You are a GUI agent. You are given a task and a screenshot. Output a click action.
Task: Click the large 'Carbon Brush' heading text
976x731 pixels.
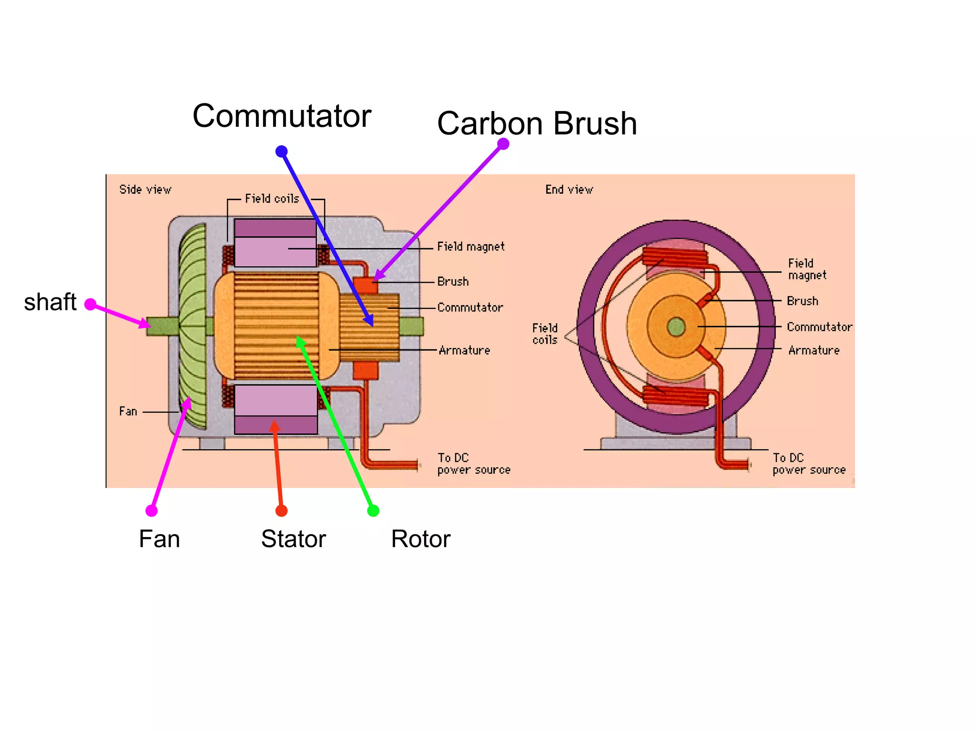pyautogui.click(x=537, y=123)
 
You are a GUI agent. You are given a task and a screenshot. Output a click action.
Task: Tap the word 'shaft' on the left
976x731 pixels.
pyautogui.click(x=50, y=302)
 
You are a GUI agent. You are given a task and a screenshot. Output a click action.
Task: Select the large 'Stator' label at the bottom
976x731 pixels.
pyautogui.click(x=293, y=539)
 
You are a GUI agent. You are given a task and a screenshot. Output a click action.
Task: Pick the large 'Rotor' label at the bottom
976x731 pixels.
pyautogui.click(x=420, y=539)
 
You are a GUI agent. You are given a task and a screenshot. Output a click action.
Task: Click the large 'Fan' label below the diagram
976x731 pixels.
pyautogui.click(x=159, y=539)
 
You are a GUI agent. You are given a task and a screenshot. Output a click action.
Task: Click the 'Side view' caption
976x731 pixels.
pyautogui.click(x=145, y=190)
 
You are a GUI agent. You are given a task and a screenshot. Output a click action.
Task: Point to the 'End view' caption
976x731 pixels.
pyautogui.click(x=569, y=190)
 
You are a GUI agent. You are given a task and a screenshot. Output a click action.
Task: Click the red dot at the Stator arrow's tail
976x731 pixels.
pyautogui.click(x=282, y=511)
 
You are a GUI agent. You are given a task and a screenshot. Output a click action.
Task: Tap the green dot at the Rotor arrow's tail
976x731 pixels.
pyautogui.click(x=373, y=511)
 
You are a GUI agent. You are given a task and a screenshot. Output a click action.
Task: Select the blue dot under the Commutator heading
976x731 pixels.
pyautogui.click(x=282, y=152)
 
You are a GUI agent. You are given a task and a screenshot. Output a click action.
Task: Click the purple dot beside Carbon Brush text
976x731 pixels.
pyautogui.click(x=503, y=143)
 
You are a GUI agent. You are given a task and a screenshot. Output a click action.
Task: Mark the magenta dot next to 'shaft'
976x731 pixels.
pyautogui.click(x=91, y=305)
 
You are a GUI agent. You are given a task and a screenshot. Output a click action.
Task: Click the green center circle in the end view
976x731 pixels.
pyautogui.click(x=676, y=327)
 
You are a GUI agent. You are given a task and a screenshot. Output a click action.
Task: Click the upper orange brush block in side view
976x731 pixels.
pyautogui.click(x=365, y=285)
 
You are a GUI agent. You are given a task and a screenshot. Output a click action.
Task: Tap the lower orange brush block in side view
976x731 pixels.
pyautogui.click(x=366, y=371)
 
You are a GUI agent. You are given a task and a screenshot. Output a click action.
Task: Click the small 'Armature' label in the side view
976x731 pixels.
pyautogui.click(x=464, y=350)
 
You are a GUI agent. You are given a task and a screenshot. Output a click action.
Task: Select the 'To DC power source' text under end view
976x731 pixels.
pyautogui.click(x=809, y=464)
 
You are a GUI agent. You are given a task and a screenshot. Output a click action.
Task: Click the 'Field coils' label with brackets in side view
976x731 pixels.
pyautogui.click(x=272, y=199)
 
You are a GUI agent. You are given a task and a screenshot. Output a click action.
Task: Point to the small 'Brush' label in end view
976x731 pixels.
pyautogui.click(x=802, y=301)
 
